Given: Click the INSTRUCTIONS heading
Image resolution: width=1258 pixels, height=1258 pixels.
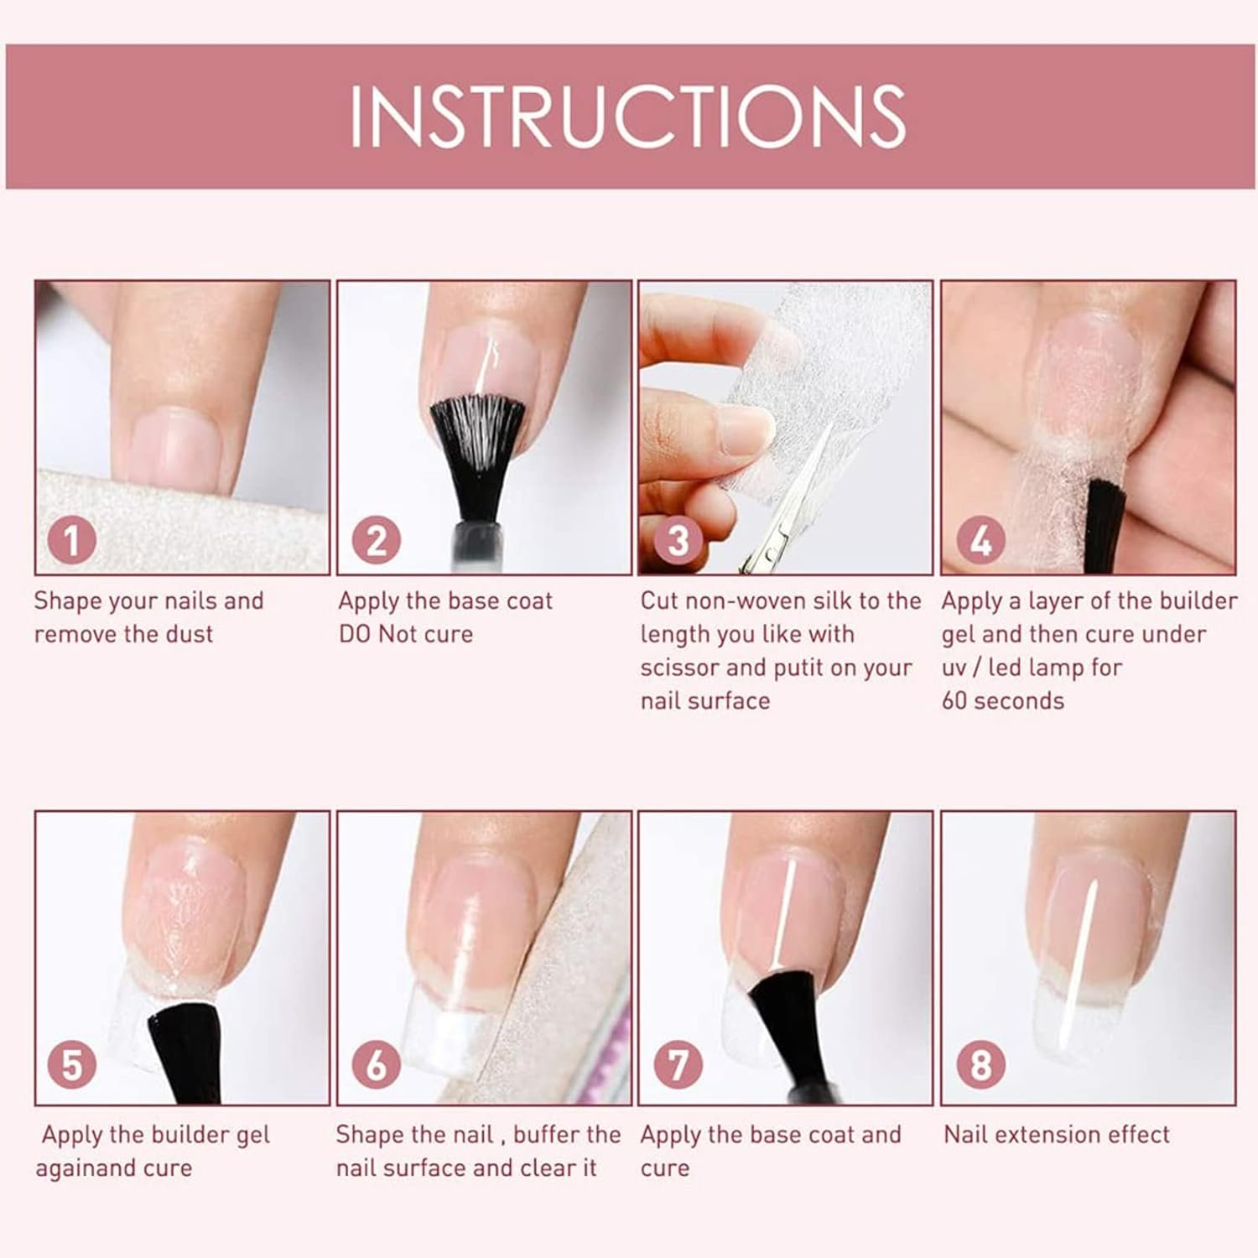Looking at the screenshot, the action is pos(627,117).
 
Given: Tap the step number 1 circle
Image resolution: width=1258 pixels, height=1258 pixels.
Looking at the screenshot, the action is pos(72,540).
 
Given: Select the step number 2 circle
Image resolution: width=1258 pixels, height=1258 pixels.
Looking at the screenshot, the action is pos(376,540).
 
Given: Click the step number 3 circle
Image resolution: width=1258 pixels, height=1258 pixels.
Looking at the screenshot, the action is pos(678,540).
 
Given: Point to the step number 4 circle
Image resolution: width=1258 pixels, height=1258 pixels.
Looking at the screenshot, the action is pos(980,540).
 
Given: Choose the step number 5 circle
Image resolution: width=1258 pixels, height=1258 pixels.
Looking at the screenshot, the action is pos(72,1065).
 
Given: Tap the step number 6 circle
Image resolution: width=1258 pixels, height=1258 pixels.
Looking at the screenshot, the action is pos(376,1065).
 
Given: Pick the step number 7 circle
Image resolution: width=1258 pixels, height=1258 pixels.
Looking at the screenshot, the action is pos(678,1065).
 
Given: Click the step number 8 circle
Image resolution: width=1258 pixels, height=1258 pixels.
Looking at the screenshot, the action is pos(980,1065).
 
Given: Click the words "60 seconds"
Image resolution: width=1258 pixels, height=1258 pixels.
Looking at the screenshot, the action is pos(1002,700).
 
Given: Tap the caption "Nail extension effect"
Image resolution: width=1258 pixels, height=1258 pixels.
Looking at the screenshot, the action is pos(1057,1134).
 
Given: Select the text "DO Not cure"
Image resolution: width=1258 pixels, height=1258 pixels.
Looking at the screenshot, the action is pos(406,633).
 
